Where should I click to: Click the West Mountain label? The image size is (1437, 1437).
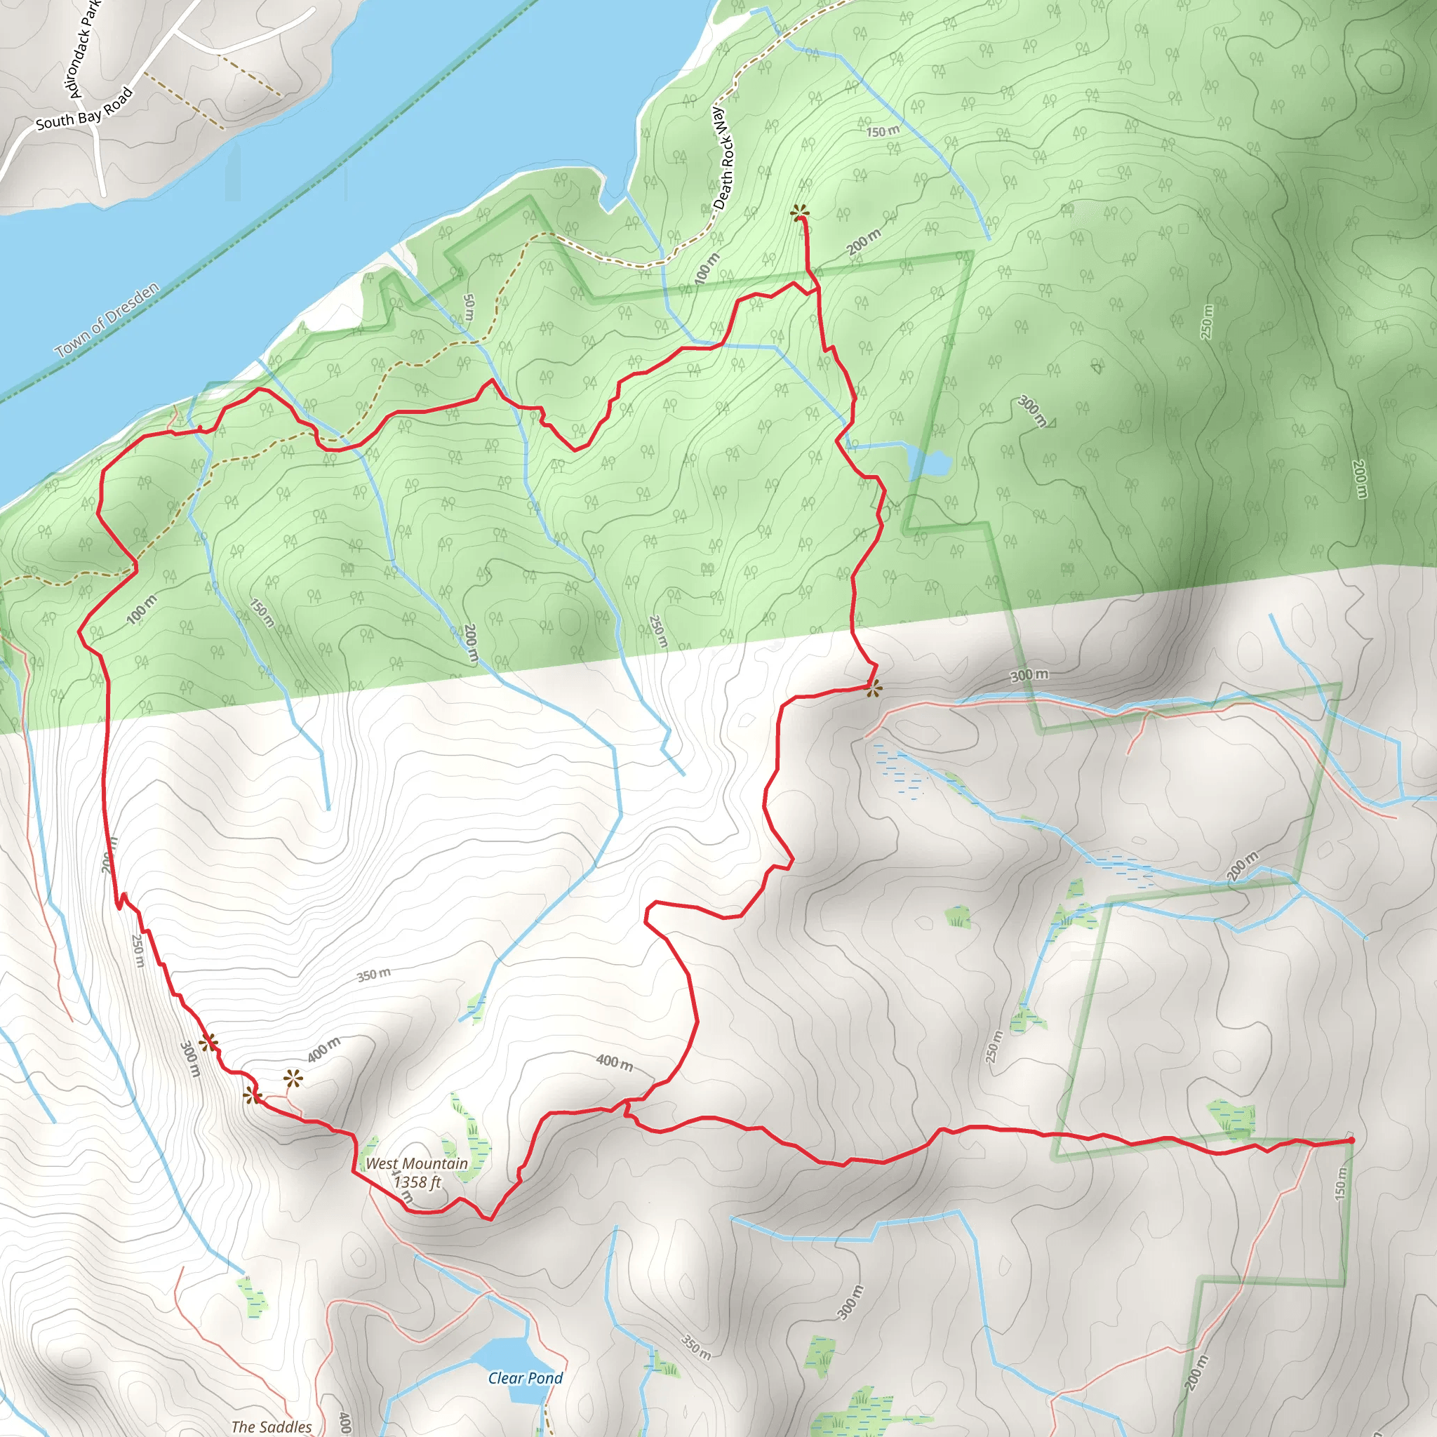coord(417,1163)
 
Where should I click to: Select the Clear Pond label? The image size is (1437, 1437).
coord(525,1378)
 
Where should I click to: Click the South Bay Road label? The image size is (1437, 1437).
coord(84,109)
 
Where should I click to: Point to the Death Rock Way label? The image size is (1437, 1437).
coord(722,157)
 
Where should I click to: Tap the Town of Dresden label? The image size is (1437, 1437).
coord(107,319)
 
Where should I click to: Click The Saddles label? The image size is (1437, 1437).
coord(272,1426)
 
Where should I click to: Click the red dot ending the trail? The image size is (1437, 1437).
coord(1351,1140)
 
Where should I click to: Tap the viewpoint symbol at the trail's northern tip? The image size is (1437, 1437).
coord(800,213)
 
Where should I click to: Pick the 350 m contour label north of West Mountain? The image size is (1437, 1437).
coord(373,975)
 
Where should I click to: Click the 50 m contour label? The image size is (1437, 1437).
coord(469,307)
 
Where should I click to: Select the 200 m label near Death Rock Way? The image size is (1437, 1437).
coord(864,242)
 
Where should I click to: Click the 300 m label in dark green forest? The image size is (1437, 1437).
coord(1032,411)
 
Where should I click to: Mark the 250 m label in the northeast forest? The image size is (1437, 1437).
coord(1206,322)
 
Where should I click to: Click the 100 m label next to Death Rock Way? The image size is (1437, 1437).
coord(707,269)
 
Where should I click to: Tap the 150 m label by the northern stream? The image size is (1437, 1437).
coord(882,132)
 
